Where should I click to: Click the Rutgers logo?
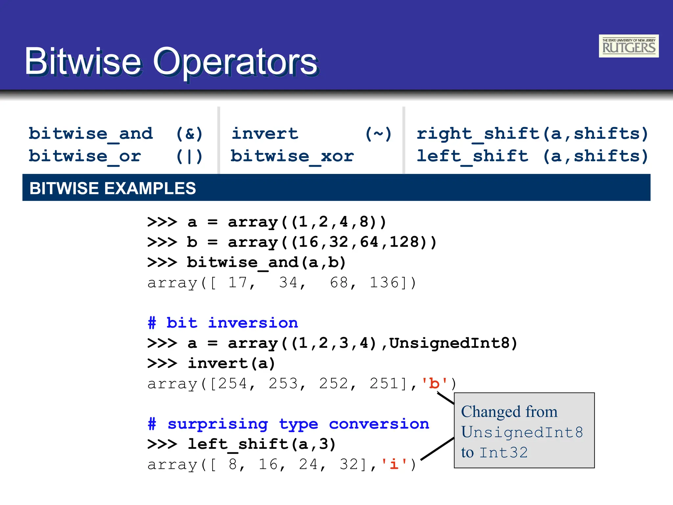628,46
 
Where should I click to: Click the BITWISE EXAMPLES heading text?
113,188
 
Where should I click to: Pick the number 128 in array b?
404,242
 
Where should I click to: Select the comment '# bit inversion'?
223,323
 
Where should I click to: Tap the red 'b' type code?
434,384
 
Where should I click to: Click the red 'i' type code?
394,465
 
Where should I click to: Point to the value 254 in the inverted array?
233,384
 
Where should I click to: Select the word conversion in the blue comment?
379,424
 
